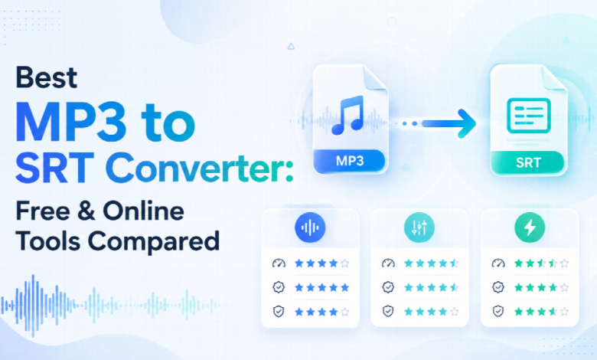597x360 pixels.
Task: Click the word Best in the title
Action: (x=47, y=77)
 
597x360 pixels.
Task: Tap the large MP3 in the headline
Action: (x=71, y=122)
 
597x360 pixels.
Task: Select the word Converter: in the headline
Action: (x=199, y=167)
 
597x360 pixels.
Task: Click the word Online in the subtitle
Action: (x=144, y=211)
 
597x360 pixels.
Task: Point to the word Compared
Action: (x=154, y=241)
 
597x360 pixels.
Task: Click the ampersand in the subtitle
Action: (x=86, y=211)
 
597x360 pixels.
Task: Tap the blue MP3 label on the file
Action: (x=350, y=161)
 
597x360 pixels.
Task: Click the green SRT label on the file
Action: (x=528, y=163)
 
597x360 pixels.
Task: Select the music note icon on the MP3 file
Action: (x=348, y=115)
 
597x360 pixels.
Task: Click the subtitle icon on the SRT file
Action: (x=528, y=116)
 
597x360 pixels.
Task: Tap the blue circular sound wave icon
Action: (x=310, y=227)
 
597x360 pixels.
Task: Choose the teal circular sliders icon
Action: (x=419, y=227)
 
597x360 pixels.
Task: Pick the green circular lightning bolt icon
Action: (x=530, y=227)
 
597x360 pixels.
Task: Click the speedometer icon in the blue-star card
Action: (x=279, y=263)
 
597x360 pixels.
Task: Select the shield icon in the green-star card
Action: (x=498, y=311)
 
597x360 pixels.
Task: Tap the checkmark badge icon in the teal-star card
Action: (x=388, y=287)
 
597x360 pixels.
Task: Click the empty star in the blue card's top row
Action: (x=345, y=263)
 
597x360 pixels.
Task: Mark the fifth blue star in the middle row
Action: (x=345, y=287)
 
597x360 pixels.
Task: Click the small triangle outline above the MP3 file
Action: (x=292, y=47)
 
